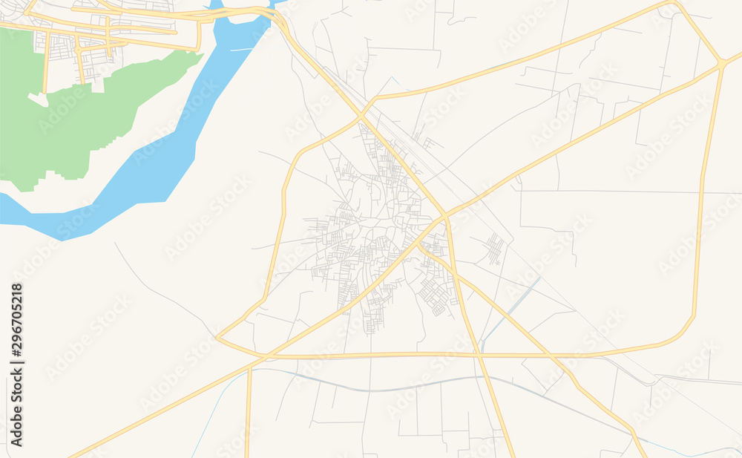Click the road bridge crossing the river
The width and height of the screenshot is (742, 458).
click(x=245, y=13)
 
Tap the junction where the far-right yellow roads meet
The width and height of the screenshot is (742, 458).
click(x=721, y=65)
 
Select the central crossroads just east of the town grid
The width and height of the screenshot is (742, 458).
click(x=445, y=216)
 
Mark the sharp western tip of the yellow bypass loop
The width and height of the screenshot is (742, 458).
click(x=217, y=338)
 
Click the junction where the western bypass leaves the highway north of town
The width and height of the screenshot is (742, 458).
click(x=361, y=117)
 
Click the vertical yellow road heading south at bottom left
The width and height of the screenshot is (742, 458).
click(x=248, y=416)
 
